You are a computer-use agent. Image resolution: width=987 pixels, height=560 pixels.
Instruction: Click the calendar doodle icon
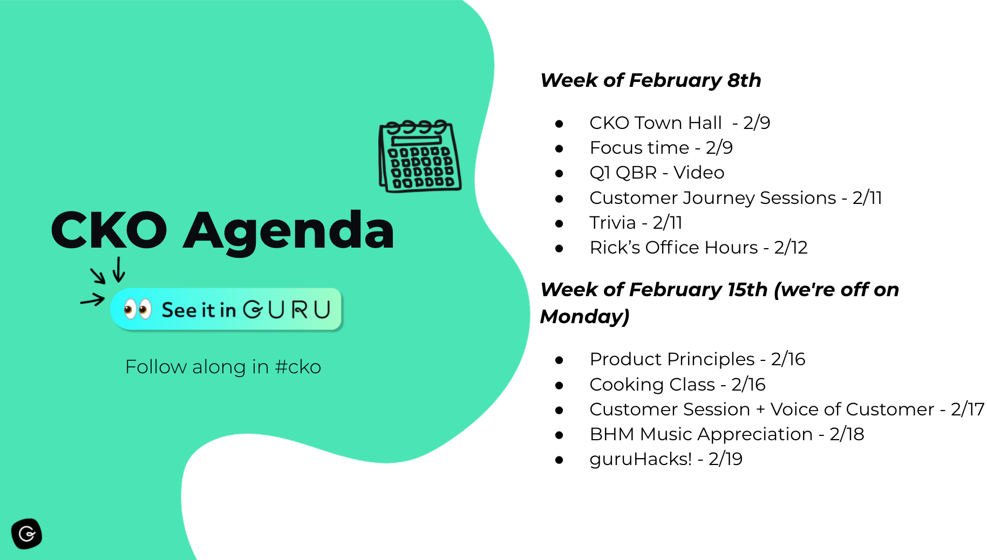tap(420, 156)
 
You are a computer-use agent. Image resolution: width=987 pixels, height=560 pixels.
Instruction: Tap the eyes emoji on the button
tap(137, 309)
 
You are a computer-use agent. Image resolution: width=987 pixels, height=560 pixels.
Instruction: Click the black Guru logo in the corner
tap(26, 534)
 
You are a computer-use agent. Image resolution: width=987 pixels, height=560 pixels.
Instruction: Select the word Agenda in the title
tap(289, 231)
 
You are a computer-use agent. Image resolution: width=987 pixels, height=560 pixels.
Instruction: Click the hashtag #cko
tap(298, 367)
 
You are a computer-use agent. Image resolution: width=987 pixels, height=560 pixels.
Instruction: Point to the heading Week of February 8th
tap(651, 80)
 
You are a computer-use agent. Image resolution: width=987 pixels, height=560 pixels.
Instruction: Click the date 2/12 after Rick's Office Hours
tap(791, 248)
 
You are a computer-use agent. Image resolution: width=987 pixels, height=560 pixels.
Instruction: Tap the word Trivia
tap(613, 222)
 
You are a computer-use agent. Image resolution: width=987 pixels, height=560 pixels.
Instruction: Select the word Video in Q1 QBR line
tap(699, 173)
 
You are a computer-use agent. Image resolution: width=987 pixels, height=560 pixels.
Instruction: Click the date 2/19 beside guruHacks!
tap(725, 459)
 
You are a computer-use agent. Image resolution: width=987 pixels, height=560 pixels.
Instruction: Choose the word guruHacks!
tap(641, 459)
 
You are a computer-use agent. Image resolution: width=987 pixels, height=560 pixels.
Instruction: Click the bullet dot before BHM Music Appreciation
tap(559, 435)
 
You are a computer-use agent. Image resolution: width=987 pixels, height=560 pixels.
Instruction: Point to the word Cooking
tap(627, 385)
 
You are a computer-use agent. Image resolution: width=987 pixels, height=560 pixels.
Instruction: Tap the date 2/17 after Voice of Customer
tap(968, 409)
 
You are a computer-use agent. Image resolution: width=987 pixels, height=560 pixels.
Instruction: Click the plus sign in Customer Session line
tap(760, 410)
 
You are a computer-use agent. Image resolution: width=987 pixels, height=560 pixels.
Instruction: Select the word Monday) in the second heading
tap(585, 316)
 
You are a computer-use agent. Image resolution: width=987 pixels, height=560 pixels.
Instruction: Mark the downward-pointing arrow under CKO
tap(119, 269)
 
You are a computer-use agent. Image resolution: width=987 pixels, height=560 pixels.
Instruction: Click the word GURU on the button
tap(287, 310)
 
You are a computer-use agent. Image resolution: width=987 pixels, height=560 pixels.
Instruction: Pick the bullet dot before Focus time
tap(559, 148)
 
